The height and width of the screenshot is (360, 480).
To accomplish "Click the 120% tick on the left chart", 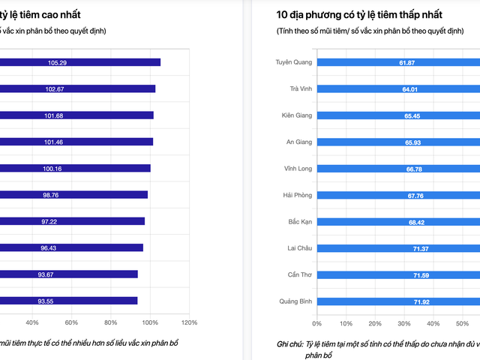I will (189, 323).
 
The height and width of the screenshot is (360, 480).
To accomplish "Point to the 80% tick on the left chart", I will (111, 323).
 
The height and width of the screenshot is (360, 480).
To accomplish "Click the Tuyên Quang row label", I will (293, 62).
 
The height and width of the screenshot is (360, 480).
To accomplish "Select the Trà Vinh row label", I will (301, 88).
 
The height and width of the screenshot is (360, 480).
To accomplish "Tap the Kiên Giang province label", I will (296, 115).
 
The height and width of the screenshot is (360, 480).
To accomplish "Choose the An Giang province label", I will (298, 142).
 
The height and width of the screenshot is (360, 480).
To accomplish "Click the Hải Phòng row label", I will (298, 195).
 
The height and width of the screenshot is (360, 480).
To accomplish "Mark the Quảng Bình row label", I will (295, 301).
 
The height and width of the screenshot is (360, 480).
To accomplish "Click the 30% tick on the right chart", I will (403, 323).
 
